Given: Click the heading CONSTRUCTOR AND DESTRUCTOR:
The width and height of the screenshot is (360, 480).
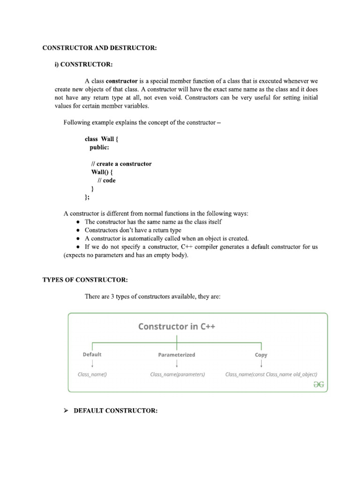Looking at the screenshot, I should pyautogui.click(x=99, y=48).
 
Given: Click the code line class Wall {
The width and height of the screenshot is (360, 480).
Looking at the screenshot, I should pyautogui.click(x=102, y=139).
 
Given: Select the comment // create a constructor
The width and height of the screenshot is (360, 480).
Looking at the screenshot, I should pyautogui.click(x=121, y=164).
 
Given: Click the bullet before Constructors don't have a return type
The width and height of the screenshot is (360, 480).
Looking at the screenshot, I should pyautogui.click(x=78, y=231).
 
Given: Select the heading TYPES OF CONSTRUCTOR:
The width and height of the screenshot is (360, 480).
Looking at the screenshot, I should pyautogui.click(x=85, y=280).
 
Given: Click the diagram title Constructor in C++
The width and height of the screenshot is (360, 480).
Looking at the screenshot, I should pyautogui.click(x=177, y=326).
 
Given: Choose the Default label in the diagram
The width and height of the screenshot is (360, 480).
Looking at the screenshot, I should pyautogui.click(x=92, y=354).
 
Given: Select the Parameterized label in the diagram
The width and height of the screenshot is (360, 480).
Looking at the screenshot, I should pyautogui.click(x=177, y=355).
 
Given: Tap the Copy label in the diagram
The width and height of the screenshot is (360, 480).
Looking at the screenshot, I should pyautogui.click(x=261, y=355).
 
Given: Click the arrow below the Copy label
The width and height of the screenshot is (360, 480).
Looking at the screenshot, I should pyautogui.click(x=261, y=364).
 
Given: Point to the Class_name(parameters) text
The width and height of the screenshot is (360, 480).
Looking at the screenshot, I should pyautogui.click(x=178, y=375).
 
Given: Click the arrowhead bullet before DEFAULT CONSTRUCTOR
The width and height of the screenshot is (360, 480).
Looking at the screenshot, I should pyautogui.click(x=66, y=411).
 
